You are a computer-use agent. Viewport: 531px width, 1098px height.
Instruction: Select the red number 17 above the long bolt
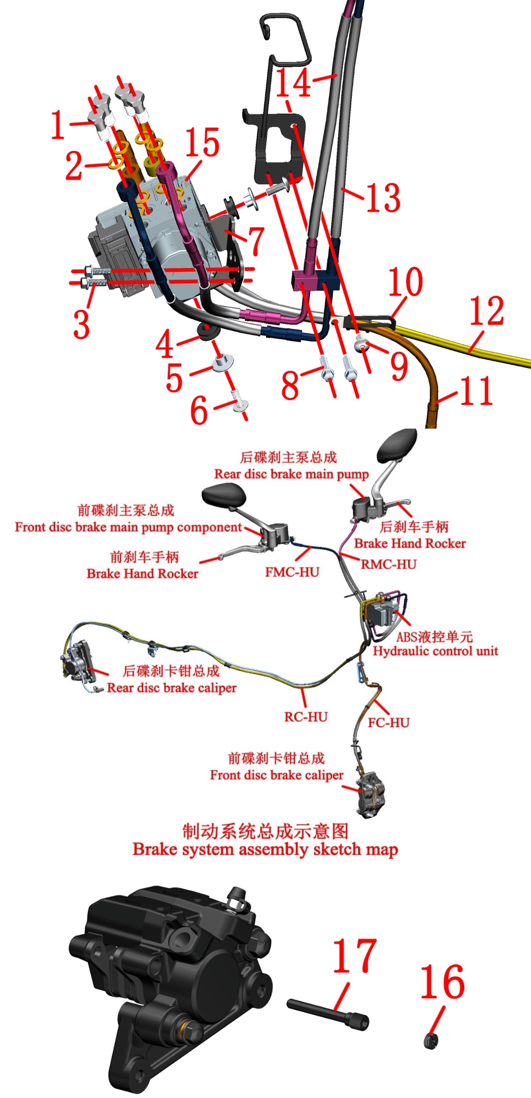click(x=355, y=956)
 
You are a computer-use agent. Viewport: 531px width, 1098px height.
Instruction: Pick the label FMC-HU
click(x=292, y=572)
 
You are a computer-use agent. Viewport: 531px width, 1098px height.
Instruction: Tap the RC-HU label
click(x=306, y=717)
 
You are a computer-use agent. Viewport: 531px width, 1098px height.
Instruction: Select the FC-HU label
click(x=388, y=723)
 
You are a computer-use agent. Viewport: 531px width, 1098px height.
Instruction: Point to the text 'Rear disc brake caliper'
click(x=172, y=687)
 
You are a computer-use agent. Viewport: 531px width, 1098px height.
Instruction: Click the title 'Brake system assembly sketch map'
click(x=265, y=849)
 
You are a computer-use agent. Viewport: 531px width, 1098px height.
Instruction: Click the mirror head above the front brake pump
click(x=224, y=496)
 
